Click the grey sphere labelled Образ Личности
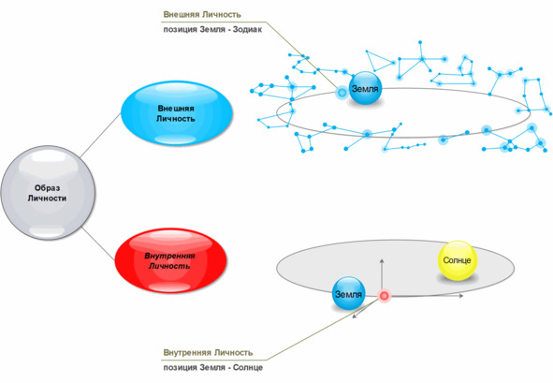[48, 193]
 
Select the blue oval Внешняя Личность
[176, 113]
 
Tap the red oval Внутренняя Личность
[170, 260]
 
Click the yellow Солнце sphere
[457, 260]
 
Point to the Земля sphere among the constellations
[365, 88]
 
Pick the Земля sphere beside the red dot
[348, 294]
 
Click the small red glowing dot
[384, 296]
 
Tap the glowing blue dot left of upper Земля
[342, 93]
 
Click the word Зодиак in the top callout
[247, 30]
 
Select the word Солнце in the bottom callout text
[248, 367]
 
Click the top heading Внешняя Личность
[202, 14]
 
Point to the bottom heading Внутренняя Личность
[208, 352]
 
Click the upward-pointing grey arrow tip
[382, 259]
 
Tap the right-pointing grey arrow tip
[462, 296]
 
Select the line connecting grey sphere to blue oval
[101, 135]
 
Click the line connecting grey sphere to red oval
[98, 243]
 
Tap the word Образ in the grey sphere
[48, 188]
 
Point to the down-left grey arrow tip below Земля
[354, 317]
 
